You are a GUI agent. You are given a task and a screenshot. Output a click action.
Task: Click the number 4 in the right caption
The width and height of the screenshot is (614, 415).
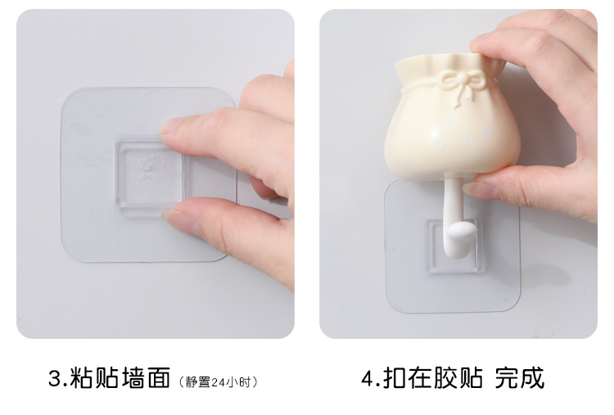[x=368, y=378]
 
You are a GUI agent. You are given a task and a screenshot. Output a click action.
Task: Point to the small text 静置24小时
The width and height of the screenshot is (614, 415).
[x=217, y=381]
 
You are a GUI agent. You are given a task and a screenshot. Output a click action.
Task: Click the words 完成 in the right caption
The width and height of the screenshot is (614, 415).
[x=519, y=377]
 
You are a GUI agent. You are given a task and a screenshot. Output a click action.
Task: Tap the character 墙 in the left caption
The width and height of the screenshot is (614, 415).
[x=133, y=377]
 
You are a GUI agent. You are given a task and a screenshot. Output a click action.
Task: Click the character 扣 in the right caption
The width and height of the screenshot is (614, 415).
[x=395, y=377]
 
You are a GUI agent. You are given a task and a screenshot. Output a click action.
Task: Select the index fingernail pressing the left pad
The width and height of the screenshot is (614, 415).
[x=169, y=126]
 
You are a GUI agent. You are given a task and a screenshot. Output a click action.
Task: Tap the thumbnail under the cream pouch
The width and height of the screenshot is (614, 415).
[x=481, y=190]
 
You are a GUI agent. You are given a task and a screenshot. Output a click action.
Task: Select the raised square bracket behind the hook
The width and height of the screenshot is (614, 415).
[x=453, y=246]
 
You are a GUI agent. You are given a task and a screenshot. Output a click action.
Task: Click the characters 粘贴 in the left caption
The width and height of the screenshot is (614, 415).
[x=94, y=377]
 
